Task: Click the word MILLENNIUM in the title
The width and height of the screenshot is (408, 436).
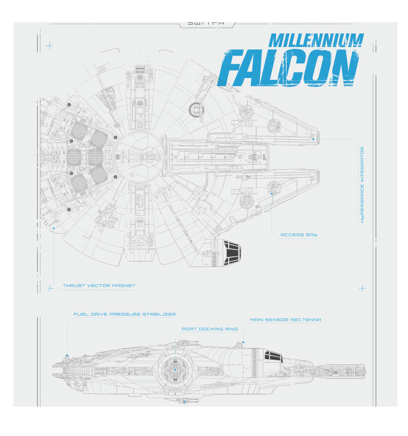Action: pyautogui.click(x=316, y=40)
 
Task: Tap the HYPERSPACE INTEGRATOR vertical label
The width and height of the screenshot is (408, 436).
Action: pyautogui.click(x=362, y=185)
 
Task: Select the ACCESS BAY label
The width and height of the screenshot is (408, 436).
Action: pyautogui.click(x=299, y=235)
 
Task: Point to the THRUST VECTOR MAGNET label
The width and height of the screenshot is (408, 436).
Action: pyautogui.click(x=99, y=285)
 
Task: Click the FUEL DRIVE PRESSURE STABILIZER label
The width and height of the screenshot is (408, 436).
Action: pyautogui.click(x=125, y=314)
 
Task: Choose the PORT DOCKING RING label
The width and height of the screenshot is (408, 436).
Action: pyautogui.click(x=210, y=329)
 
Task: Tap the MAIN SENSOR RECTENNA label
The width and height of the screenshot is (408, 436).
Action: pyautogui.click(x=285, y=320)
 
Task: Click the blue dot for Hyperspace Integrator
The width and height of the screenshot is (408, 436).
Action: pyautogui.click(x=313, y=140)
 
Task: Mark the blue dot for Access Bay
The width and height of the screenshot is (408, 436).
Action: pyautogui.click(x=272, y=193)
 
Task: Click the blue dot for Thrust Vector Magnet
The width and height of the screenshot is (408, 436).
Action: pyautogui.click(x=54, y=228)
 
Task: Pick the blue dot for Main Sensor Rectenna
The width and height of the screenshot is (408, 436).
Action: pyautogui.click(x=243, y=342)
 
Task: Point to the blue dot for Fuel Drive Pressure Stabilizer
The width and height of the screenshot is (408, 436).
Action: pyautogui.click(x=67, y=355)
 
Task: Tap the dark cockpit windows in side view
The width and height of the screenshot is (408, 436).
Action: pyautogui.click(x=273, y=356)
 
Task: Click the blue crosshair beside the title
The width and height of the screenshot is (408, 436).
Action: pyautogui.click(x=50, y=46)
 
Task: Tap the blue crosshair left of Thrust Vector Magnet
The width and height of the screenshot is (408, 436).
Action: pyautogui.click(x=50, y=288)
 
